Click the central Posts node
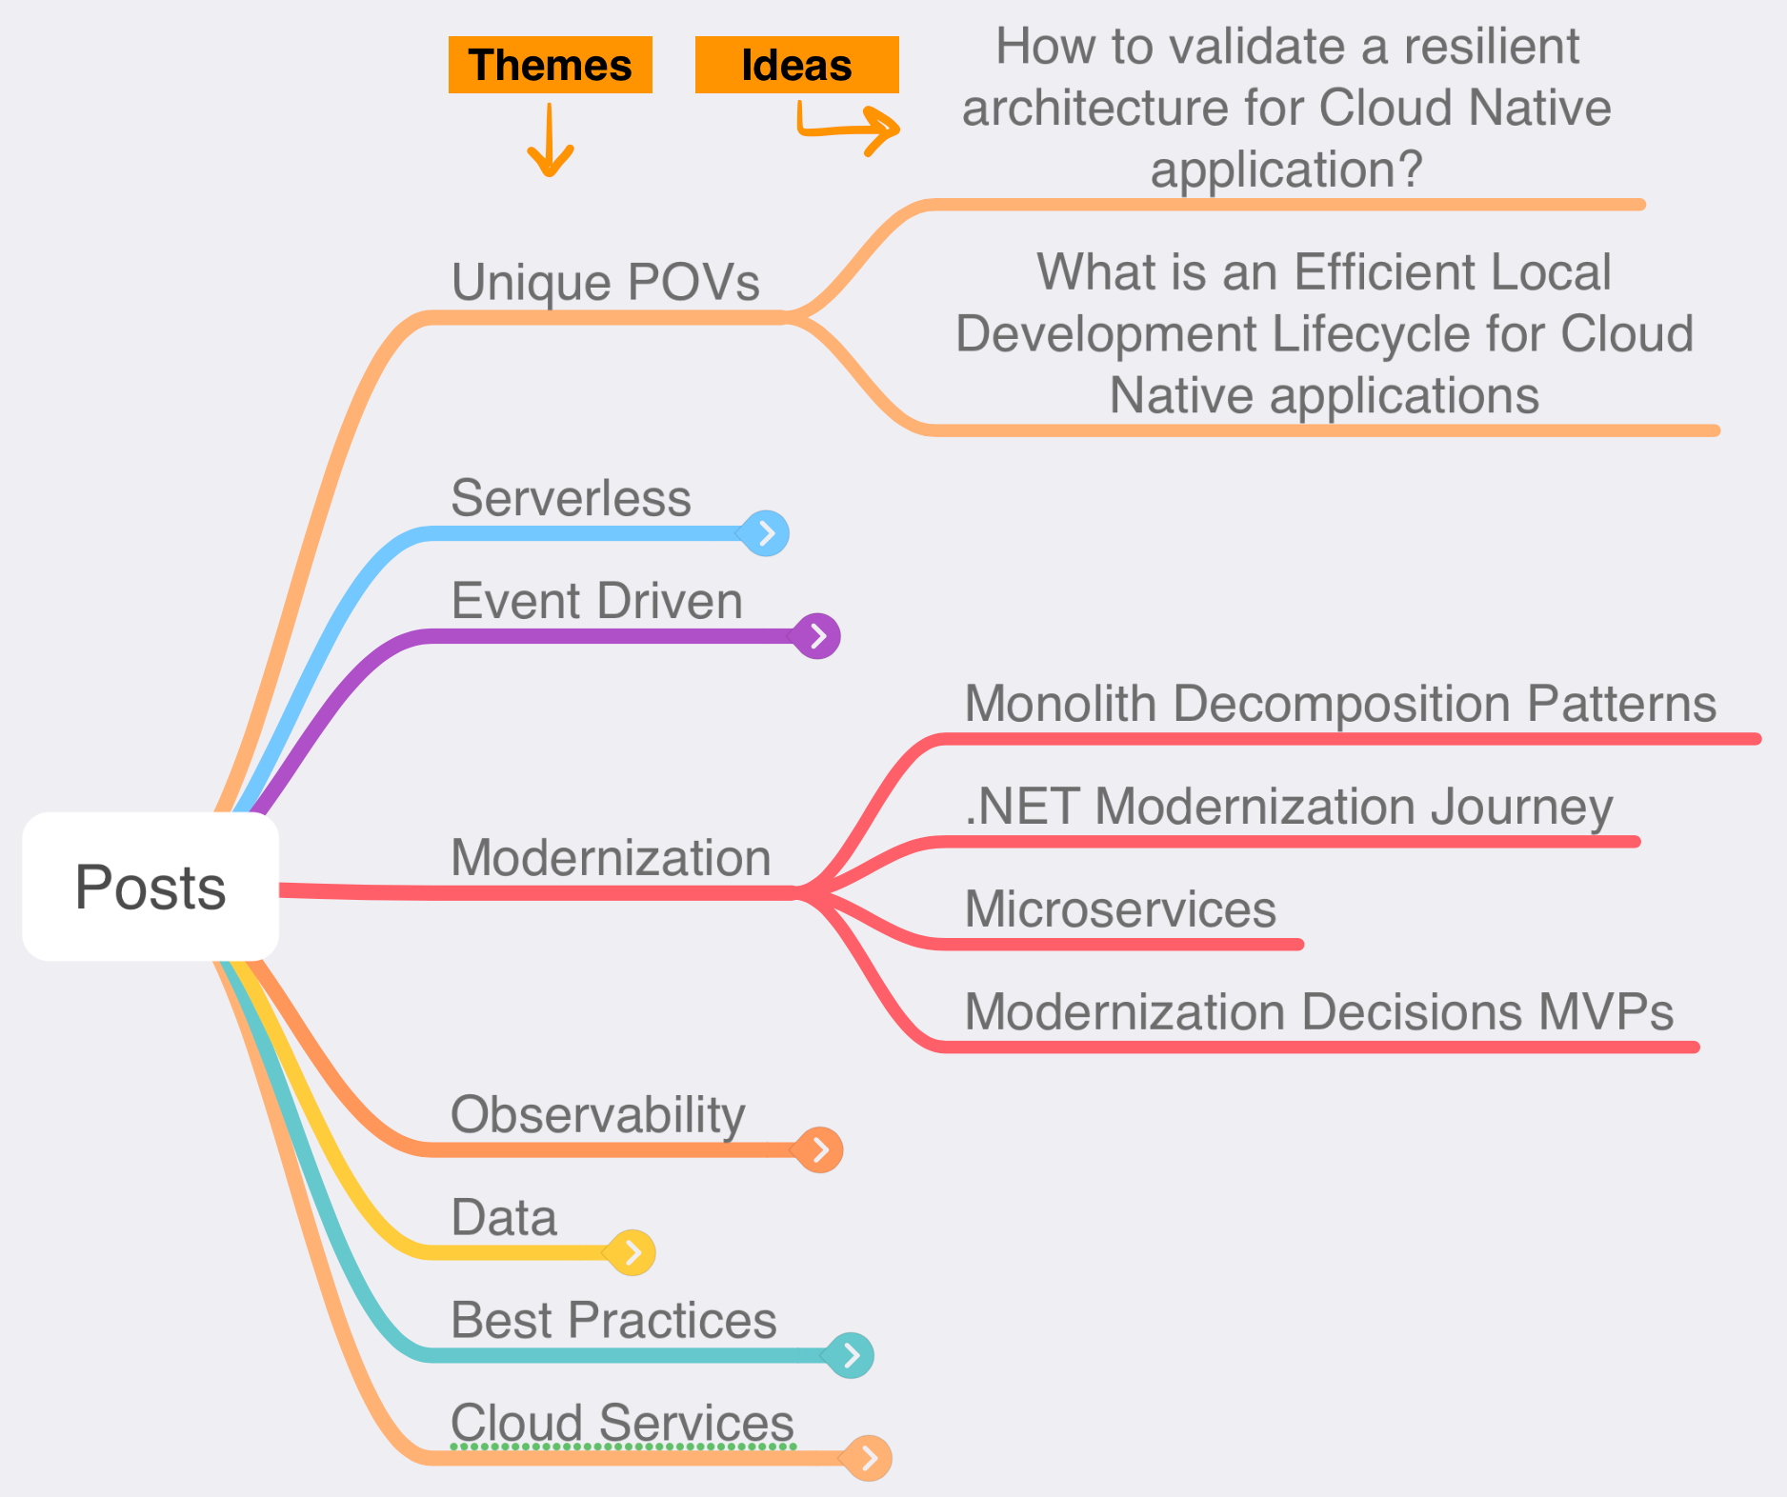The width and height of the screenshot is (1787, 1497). tap(151, 887)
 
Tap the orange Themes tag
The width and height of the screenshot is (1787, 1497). tap(550, 65)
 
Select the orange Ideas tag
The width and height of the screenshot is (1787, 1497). tap(796, 65)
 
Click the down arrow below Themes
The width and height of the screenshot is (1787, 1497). tap(551, 142)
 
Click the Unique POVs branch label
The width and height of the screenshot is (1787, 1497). tap(605, 282)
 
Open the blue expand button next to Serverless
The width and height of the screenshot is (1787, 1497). tap(766, 533)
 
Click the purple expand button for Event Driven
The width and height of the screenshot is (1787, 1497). tap(817, 636)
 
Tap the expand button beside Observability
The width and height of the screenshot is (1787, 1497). tap(820, 1150)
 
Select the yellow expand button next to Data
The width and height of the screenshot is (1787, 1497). tap(632, 1253)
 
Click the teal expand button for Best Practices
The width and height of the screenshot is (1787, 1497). tap(851, 1356)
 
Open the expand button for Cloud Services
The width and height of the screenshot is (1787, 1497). tap(869, 1458)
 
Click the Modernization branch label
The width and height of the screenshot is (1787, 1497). tap(611, 857)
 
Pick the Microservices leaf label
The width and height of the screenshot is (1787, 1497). tap(1120, 908)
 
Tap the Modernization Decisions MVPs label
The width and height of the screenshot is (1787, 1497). tap(1319, 1011)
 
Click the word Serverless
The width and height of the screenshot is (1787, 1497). tap(571, 498)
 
